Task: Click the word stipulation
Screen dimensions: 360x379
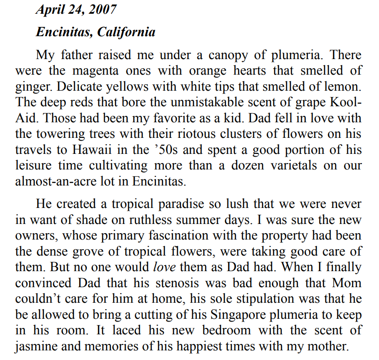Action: pos(275,298)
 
